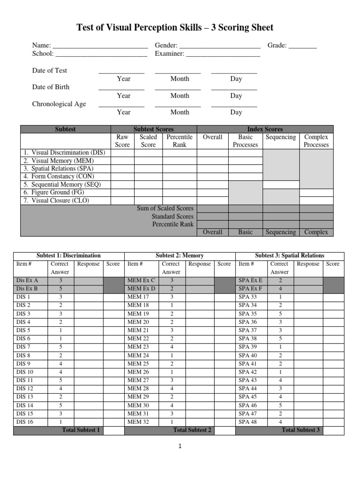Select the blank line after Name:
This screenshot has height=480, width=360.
coord(100,46)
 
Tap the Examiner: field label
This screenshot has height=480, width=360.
coord(170,54)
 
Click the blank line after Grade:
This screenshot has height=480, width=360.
coord(302,46)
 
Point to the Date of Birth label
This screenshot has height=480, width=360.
coord(51,87)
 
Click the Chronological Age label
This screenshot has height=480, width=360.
coord(59,104)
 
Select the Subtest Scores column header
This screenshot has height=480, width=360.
coord(153,129)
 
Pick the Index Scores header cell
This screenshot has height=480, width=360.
coord(265,129)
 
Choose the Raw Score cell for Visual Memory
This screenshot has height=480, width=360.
coord(122,161)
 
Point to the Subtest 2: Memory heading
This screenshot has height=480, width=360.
coord(180,256)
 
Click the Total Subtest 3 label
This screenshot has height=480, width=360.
coord(301,430)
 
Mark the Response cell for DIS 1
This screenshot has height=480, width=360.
coord(88,297)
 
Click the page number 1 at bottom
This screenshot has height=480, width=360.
coord(180,446)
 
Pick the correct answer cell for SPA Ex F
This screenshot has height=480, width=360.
coord(280,289)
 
